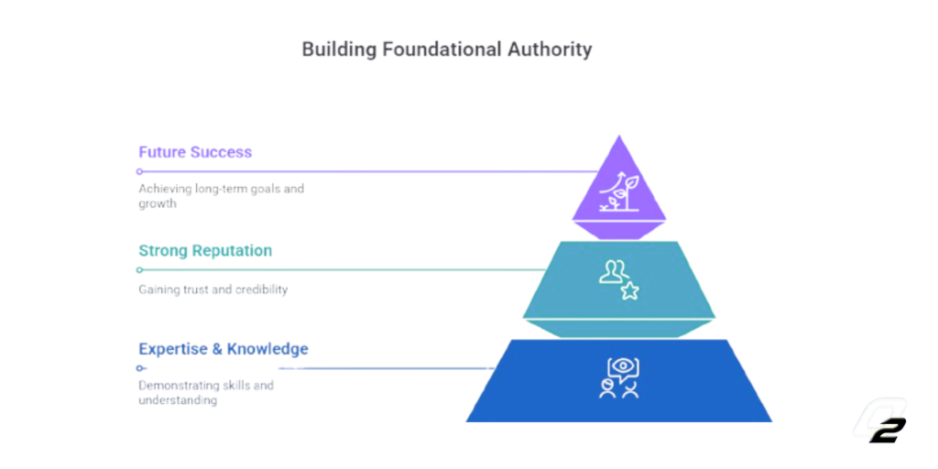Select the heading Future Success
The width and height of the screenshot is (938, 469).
pyautogui.click(x=195, y=152)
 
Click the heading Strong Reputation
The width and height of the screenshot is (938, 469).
pyautogui.click(x=205, y=250)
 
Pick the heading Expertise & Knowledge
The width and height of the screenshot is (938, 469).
pyautogui.click(x=224, y=349)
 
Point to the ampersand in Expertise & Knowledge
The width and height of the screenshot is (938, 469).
pyautogui.click(x=217, y=349)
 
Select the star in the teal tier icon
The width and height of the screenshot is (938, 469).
pyautogui.click(x=629, y=291)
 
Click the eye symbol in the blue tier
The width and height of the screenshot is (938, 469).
pyautogui.click(x=623, y=365)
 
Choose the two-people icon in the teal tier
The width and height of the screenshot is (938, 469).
pyautogui.click(x=614, y=271)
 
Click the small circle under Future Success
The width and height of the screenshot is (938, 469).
pyautogui.click(x=139, y=171)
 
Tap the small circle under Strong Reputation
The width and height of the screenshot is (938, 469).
pyautogui.click(x=139, y=270)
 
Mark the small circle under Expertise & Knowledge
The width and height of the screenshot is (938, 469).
pyautogui.click(x=139, y=368)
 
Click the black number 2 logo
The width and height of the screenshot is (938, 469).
pyautogui.click(x=888, y=431)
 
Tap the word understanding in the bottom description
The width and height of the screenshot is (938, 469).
pyautogui.click(x=178, y=401)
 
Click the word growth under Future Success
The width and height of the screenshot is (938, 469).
pyautogui.click(x=158, y=204)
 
